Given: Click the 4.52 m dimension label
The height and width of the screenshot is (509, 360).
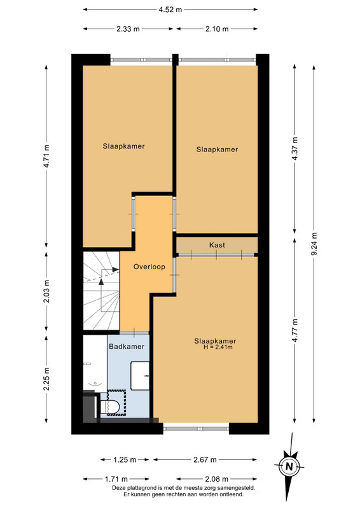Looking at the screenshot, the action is [x=170, y=10].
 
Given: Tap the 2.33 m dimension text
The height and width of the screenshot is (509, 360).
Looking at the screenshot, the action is [x=128, y=29].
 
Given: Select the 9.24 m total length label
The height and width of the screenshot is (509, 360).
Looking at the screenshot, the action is [x=314, y=244].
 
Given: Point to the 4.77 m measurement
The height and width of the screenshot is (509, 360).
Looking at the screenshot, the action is [x=294, y=330].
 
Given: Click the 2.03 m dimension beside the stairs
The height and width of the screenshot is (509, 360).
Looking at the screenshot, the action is [x=46, y=291].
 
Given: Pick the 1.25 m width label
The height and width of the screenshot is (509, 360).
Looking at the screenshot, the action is [x=125, y=459].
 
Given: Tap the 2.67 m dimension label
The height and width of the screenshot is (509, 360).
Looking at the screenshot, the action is [x=205, y=459].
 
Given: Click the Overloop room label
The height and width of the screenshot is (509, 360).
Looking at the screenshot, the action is [x=149, y=267].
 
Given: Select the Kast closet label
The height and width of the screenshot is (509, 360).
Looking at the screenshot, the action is [x=217, y=245].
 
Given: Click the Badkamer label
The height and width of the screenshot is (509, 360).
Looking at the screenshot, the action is [x=127, y=346].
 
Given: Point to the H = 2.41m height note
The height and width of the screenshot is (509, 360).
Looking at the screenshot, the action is [x=218, y=347].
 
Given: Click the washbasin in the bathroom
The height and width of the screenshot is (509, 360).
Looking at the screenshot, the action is [x=140, y=375].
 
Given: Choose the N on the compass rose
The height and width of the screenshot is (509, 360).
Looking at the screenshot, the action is [x=289, y=467].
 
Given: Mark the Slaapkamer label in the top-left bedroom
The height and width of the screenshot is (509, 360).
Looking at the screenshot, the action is [x=123, y=146].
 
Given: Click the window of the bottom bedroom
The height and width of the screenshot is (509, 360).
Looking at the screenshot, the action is [x=196, y=428].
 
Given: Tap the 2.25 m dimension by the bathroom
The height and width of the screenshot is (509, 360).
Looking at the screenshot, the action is [x=46, y=379].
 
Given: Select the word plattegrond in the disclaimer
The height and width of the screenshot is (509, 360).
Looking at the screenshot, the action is [x=142, y=488].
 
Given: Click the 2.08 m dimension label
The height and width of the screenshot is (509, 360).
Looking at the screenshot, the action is [x=217, y=479].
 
